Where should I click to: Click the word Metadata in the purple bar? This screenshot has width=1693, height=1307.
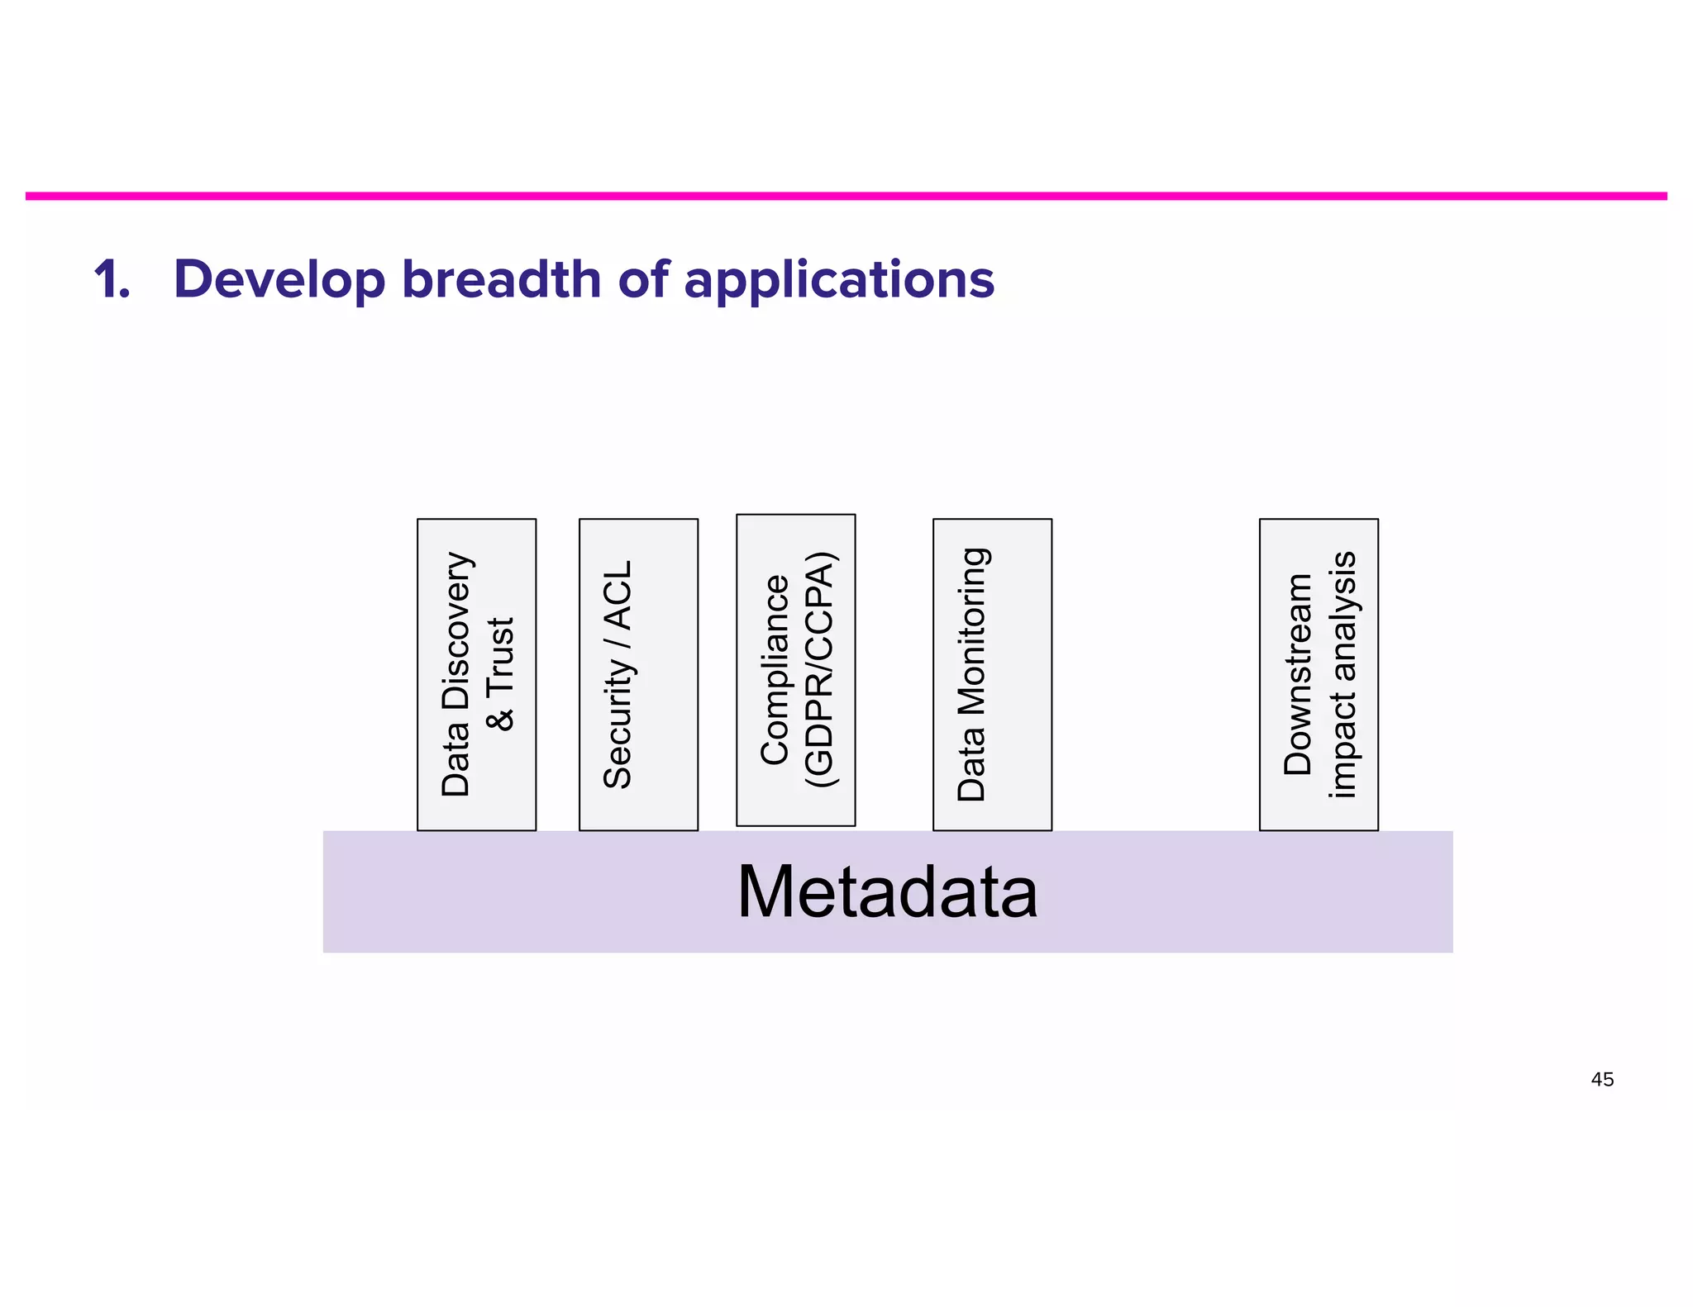(x=887, y=892)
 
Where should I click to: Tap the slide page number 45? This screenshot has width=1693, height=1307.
(x=1601, y=1079)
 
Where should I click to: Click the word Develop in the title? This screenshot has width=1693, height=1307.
(x=279, y=279)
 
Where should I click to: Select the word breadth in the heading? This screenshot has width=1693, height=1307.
(x=501, y=279)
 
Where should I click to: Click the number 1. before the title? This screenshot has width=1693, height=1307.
(x=111, y=279)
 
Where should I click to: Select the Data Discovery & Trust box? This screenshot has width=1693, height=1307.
(x=476, y=674)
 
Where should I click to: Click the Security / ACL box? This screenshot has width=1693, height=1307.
(x=638, y=674)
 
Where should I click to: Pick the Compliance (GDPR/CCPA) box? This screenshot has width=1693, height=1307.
(x=795, y=669)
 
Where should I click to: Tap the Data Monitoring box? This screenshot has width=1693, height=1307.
(x=992, y=674)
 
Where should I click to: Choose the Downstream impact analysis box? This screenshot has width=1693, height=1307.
(x=1319, y=674)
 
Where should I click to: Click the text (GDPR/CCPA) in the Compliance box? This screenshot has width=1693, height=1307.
(x=821, y=669)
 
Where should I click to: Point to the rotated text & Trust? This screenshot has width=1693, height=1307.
(x=501, y=674)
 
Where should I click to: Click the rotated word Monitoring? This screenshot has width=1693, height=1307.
(x=972, y=631)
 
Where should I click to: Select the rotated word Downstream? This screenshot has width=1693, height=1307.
(x=1298, y=674)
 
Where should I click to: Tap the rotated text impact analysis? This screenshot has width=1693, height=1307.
(x=1342, y=674)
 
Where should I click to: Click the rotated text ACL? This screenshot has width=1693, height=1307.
(x=618, y=595)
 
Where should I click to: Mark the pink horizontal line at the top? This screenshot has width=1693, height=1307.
(x=846, y=196)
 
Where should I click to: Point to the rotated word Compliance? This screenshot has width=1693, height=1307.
(x=775, y=669)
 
